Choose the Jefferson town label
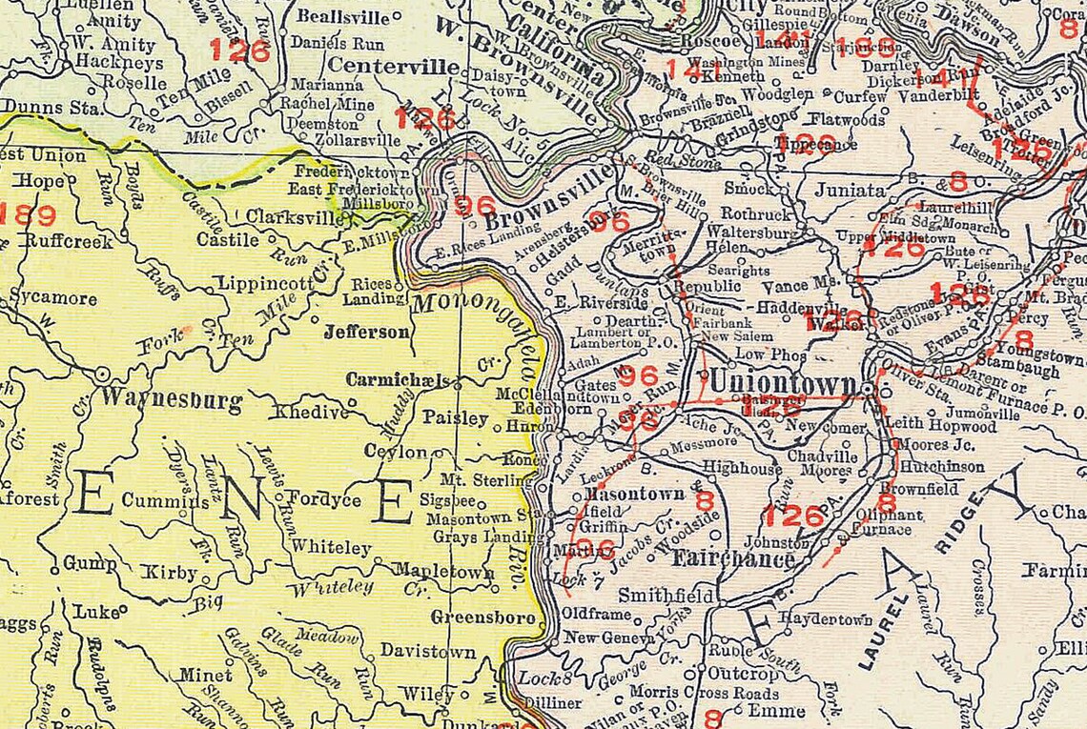[367, 332]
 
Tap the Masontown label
[634, 494]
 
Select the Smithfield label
[667, 596]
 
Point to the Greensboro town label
[482, 618]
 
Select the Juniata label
[850, 190]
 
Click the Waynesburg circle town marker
[102, 374]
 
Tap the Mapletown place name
[444, 572]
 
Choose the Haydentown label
[825, 619]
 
